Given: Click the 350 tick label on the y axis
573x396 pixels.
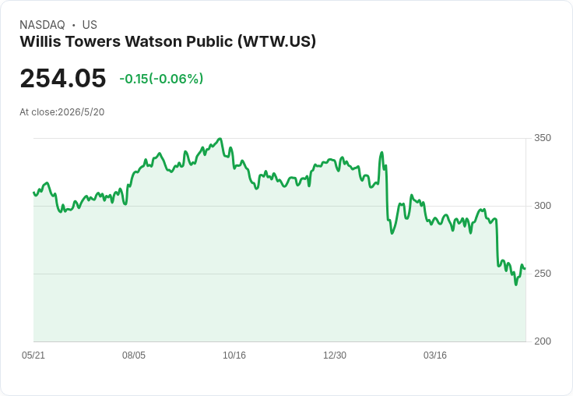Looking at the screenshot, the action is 543,138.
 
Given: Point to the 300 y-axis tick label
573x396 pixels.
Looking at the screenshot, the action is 543,206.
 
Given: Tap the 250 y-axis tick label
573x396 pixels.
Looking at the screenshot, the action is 543,274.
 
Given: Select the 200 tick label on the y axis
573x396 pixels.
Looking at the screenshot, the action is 543,341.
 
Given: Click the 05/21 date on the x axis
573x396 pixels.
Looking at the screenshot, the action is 33,355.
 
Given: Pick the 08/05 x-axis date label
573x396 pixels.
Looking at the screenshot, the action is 134,355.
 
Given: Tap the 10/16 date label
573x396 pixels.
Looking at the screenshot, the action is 234,355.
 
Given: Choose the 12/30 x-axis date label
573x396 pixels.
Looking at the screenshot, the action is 335,355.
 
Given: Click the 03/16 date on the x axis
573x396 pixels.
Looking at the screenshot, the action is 435,355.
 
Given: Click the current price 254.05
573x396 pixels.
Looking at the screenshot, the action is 63,78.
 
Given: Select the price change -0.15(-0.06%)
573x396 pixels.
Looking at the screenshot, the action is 161,79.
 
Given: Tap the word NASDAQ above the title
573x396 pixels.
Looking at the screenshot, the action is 42,25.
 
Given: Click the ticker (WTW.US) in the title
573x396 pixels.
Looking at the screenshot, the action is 277,41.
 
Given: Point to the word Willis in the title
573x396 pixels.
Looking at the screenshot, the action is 40,41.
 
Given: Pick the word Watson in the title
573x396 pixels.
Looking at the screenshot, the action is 153,41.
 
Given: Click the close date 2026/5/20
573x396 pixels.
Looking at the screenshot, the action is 81,112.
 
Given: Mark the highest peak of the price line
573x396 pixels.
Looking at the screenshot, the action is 220,138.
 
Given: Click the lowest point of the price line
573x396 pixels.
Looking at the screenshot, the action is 516,285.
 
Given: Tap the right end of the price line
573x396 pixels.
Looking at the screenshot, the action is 526,269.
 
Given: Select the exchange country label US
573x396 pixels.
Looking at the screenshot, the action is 90,25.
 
